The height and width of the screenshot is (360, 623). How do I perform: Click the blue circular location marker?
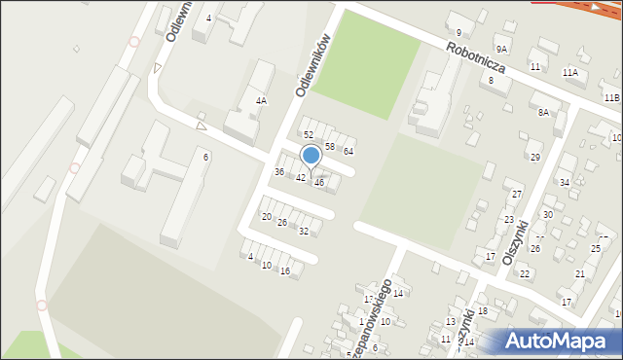click(x=311, y=155)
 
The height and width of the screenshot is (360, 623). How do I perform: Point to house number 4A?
click(x=261, y=100)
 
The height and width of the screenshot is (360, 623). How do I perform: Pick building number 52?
click(x=308, y=134)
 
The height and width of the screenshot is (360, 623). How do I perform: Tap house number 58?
click(x=330, y=146)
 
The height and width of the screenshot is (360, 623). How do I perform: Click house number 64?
click(x=348, y=151)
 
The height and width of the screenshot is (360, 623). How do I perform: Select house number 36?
click(x=279, y=171)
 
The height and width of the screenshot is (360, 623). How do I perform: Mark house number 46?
click(x=318, y=182)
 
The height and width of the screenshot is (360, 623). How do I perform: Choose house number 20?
click(x=266, y=216)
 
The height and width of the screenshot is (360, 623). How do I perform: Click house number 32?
click(x=304, y=231)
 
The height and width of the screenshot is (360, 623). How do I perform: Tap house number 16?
click(x=284, y=270)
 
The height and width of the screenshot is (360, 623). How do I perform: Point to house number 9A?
click(x=501, y=49)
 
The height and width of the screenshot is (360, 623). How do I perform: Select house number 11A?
click(x=569, y=72)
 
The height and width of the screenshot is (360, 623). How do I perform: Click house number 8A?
click(x=543, y=113)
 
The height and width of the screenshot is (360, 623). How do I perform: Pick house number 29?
click(x=534, y=157)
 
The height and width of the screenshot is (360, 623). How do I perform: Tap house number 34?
click(x=564, y=182)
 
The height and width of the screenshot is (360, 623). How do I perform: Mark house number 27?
click(x=517, y=195)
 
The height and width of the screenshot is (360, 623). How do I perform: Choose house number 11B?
click(x=610, y=98)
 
